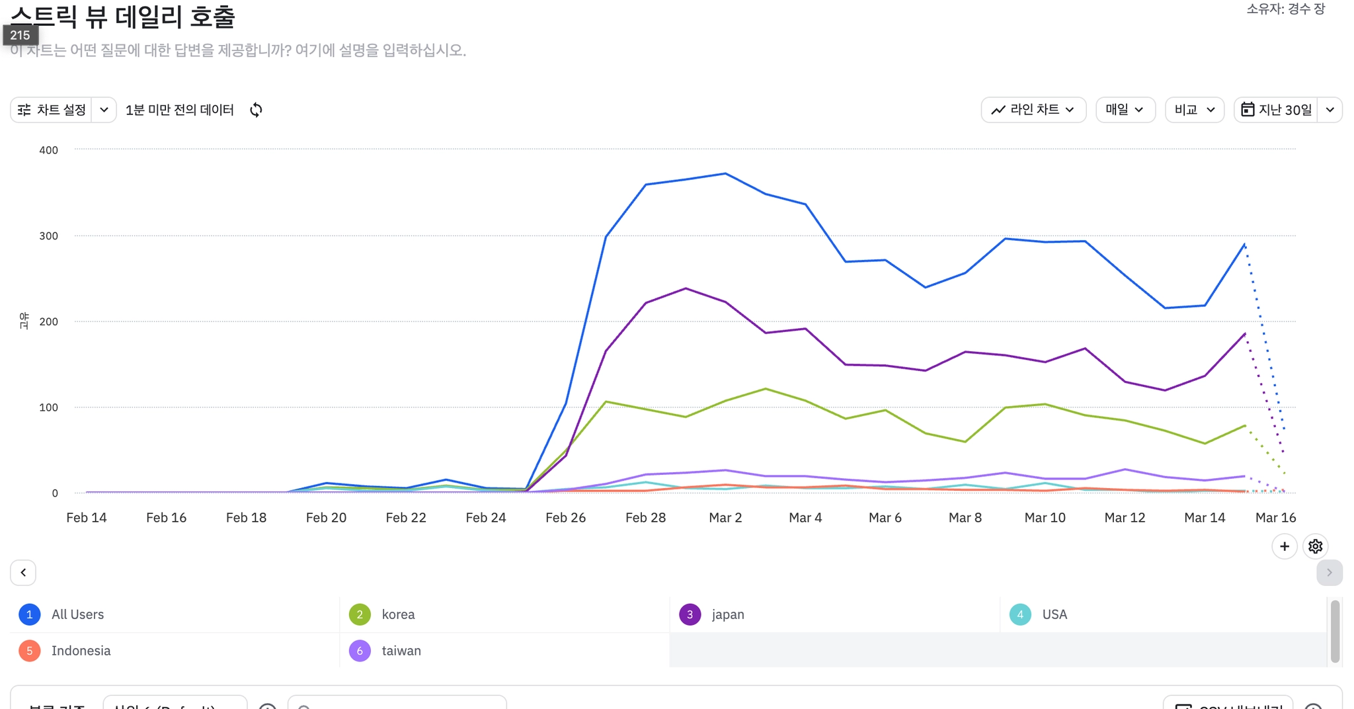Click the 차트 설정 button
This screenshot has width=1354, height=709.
click(52, 110)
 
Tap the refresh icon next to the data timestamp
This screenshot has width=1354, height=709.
click(257, 110)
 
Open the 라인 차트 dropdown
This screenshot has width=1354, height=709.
click(1033, 110)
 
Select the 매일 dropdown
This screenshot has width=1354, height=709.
click(1125, 110)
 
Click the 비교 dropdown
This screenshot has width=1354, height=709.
click(1194, 110)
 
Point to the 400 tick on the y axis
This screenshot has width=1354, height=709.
click(49, 150)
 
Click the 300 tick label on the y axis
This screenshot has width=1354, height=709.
click(49, 236)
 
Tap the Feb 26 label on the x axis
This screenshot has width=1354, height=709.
click(565, 518)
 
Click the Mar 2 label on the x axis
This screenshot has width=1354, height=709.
click(725, 518)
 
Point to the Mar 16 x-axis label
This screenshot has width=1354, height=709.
click(1275, 518)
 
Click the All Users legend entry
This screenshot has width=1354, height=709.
click(77, 614)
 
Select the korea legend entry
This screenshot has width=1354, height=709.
click(398, 614)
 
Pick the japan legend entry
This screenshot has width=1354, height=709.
click(728, 614)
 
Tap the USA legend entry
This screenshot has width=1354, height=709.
click(1055, 614)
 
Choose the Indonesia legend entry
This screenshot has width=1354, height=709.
click(81, 651)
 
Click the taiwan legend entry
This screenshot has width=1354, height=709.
click(401, 651)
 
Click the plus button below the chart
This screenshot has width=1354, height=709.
click(1284, 546)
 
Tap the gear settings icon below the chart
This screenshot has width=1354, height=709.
click(1315, 546)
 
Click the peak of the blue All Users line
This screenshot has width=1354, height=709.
click(725, 174)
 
